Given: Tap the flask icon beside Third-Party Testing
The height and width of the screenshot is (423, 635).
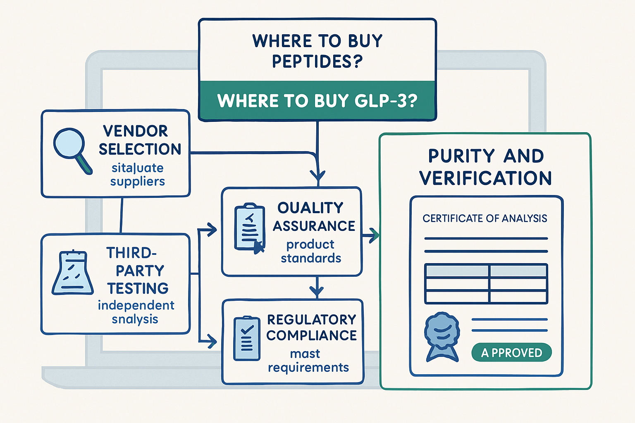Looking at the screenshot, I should pyautogui.click(x=72, y=273).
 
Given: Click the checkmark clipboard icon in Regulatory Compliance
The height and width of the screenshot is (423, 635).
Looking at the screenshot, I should pyautogui.click(x=247, y=338).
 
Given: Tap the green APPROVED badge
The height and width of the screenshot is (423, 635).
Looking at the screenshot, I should pyautogui.click(x=511, y=353).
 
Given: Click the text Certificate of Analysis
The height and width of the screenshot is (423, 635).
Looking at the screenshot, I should pyautogui.click(x=485, y=219).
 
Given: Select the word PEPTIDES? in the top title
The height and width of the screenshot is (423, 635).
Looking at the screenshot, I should pyautogui.click(x=317, y=62).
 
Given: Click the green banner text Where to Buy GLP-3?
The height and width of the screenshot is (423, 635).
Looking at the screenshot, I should pyautogui.click(x=317, y=101).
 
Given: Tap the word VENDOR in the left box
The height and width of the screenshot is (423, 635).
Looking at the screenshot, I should pyautogui.click(x=136, y=131).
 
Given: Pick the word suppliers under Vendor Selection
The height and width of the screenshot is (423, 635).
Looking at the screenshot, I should pyautogui.click(x=137, y=182).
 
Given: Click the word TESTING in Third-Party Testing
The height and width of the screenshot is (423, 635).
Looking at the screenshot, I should pyautogui.click(x=138, y=288).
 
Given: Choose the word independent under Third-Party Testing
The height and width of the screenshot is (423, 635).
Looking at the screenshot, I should pyautogui.click(x=136, y=305).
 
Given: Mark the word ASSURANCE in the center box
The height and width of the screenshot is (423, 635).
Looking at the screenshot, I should pyautogui.click(x=314, y=226).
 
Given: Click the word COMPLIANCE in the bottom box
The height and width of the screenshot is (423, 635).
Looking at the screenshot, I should pyautogui.click(x=311, y=335).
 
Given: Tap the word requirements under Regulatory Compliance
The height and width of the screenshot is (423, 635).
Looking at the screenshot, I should pyautogui.click(x=308, y=368).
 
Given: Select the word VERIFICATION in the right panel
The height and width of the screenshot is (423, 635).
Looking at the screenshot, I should pyautogui.click(x=485, y=178).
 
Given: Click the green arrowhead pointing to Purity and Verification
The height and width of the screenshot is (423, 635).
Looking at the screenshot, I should pyautogui.click(x=374, y=235).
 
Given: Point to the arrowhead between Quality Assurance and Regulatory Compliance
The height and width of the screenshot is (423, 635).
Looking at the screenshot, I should pyautogui.click(x=317, y=291).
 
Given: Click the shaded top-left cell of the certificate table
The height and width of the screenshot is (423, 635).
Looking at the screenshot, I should pyautogui.click(x=457, y=271).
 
